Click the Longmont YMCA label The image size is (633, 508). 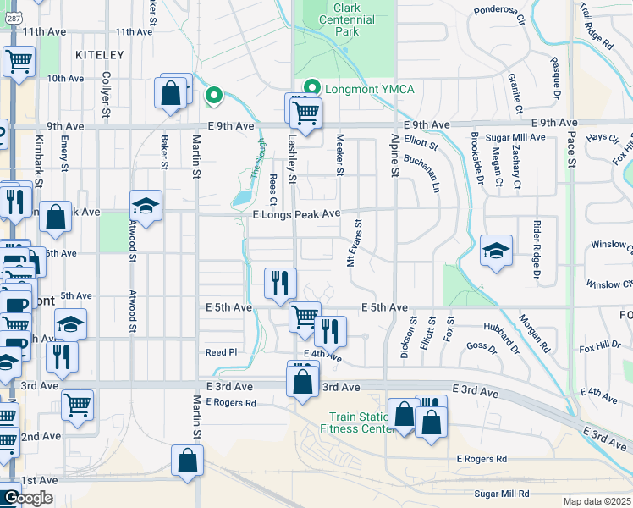click(358, 87)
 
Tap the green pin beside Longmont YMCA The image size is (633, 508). click(312, 87)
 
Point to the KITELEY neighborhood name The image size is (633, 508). click(99, 55)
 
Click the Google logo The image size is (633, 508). click(27, 498)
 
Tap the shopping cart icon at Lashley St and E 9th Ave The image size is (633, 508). click(305, 111)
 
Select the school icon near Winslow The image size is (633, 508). click(496, 251)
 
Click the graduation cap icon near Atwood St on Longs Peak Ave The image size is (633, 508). click(146, 206)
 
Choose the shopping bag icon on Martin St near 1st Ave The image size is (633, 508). click(187, 461)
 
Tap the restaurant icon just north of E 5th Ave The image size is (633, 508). click(280, 283)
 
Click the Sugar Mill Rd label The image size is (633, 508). click(502, 494)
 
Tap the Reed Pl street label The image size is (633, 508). click(218, 351)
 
